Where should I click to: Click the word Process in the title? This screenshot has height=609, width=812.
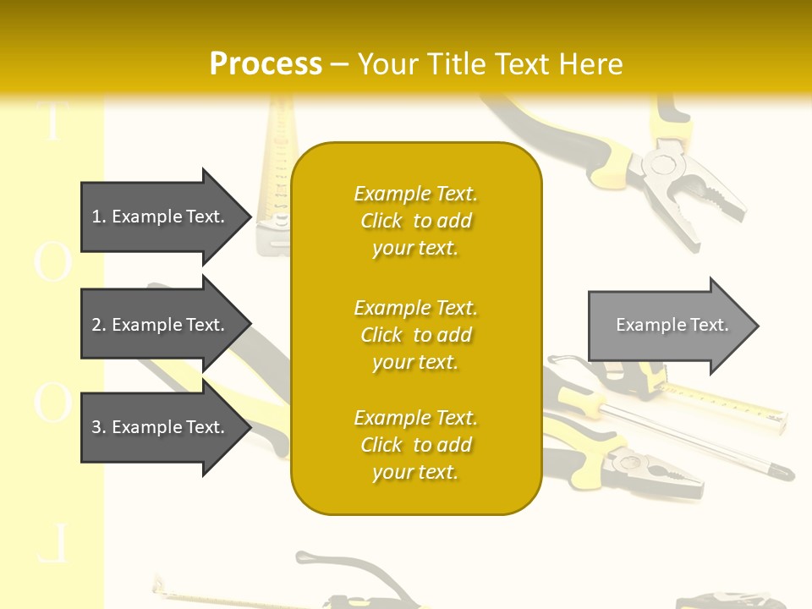point(266,64)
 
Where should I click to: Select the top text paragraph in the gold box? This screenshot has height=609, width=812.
point(415,221)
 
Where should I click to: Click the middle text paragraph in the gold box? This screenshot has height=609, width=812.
point(415,335)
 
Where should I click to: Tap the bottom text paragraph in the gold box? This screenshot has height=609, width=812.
point(415,445)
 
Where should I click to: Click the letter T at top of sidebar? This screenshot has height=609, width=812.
point(52,123)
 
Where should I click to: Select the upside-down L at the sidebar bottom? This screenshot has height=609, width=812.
point(52,545)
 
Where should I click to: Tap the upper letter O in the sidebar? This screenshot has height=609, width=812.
point(52,261)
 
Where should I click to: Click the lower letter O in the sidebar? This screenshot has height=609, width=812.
point(52,402)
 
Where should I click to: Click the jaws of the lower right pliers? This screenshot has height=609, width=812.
point(668,476)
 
